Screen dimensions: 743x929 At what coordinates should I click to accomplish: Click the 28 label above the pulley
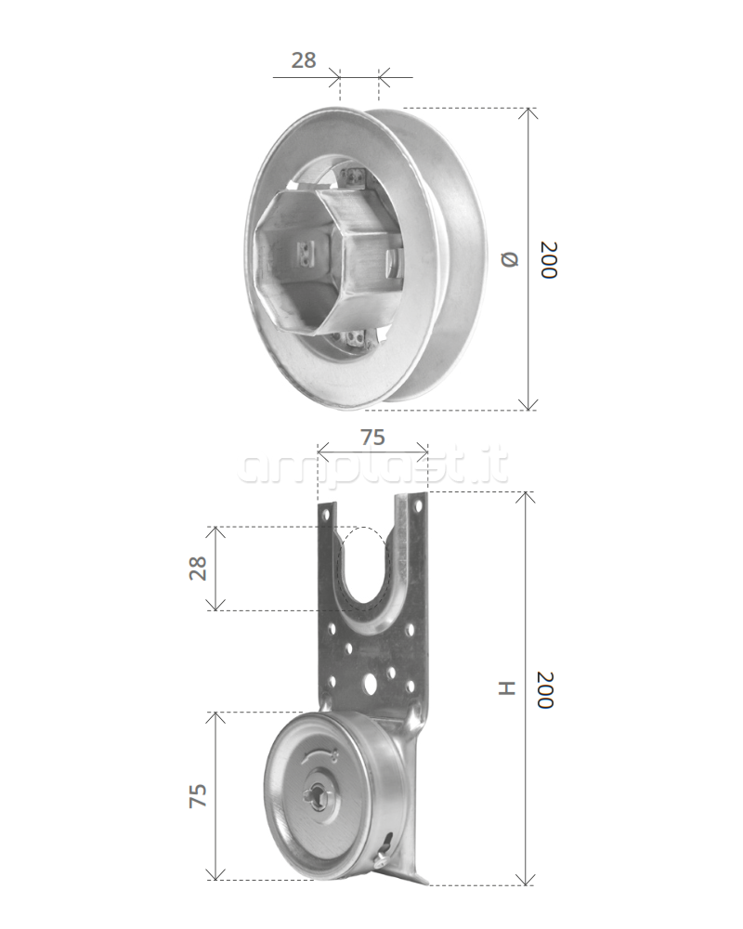point(304,59)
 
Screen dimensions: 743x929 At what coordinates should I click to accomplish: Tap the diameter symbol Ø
point(510,259)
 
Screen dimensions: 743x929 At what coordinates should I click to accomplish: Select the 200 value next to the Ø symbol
point(548,259)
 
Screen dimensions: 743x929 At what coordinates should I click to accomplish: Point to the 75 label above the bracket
point(372,438)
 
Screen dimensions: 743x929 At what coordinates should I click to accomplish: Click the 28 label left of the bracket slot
point(198,568)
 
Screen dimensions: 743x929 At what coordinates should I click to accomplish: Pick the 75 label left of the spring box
point(198,796)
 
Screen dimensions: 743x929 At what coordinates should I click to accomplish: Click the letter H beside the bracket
point(507,687)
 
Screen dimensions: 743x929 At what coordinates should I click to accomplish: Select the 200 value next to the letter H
point(545,689)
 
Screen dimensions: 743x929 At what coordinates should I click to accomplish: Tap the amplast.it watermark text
point(373,467)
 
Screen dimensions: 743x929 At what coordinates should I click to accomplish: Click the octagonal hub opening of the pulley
point(292,261)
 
